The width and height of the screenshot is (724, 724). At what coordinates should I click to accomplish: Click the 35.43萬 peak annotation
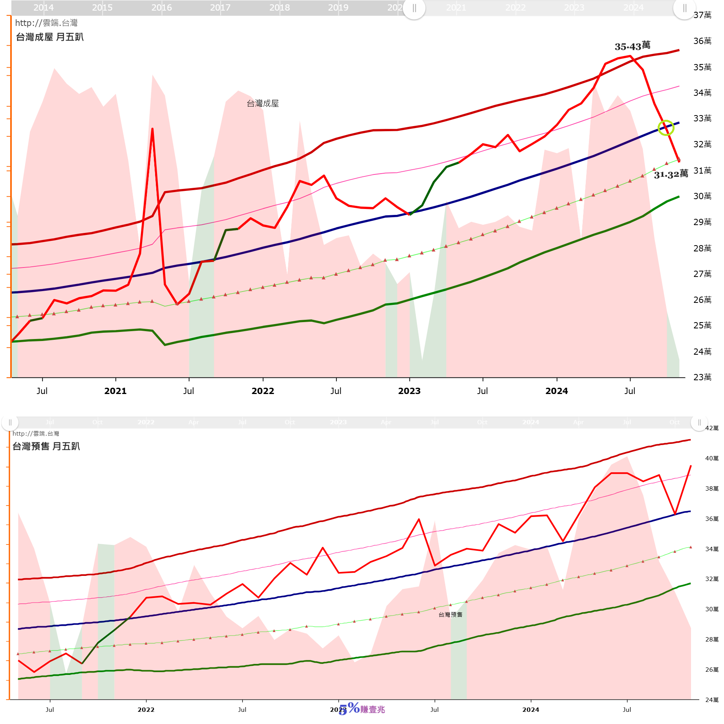coord(632,46)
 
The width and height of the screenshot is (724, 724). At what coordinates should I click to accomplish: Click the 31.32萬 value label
coord(671,174)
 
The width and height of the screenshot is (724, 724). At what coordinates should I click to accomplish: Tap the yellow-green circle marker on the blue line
coord(666,128)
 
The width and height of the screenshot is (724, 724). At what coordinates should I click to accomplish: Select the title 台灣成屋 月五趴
coord(49,37)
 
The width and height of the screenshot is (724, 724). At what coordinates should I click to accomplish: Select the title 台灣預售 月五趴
coord(46,446)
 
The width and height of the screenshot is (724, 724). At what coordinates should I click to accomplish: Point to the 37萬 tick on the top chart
coord(702,15)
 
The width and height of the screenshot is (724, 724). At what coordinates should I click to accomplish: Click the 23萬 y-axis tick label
coord(702,377)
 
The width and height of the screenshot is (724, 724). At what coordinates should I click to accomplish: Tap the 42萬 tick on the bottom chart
coord(711,428)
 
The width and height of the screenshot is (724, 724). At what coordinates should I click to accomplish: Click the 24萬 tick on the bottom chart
coord(711,700)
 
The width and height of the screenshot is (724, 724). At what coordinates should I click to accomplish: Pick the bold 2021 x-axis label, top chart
coord(115,391)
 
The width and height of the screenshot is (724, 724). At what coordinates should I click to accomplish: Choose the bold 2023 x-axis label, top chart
coord(409,391)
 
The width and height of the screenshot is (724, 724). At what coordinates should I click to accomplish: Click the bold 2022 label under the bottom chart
coord(146,709)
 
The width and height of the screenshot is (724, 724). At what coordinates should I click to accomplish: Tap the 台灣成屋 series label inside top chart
coord(263,103)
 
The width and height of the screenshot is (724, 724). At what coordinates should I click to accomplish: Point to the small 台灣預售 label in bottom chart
coord(450,614)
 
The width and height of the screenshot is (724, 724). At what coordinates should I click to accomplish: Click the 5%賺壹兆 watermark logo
coord(362,709)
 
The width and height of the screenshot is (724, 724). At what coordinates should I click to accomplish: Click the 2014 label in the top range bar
coord(43,7)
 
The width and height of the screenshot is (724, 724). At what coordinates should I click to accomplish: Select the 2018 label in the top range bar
coord(279,7)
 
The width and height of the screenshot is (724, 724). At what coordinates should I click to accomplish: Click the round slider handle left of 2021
coord(414,8)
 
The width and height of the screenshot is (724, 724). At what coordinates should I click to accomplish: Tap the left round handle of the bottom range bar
coord(10,422)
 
